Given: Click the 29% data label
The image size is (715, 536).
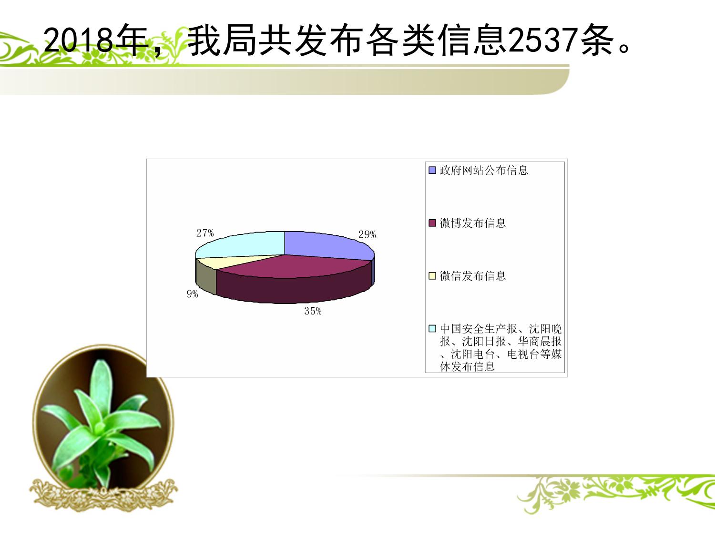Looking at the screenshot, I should coord(367,234).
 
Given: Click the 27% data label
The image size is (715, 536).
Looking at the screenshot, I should coord(205,233).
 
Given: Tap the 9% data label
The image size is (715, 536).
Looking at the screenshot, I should coord(192,294).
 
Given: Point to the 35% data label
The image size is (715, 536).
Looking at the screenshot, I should coord(313,311).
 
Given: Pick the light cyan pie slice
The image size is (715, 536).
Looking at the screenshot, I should coord(243,244).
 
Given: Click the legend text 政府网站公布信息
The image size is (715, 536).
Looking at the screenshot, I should coord(483,171).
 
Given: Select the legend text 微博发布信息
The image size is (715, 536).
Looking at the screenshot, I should coord(472,223).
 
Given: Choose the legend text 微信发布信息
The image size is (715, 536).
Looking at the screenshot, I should coord(472,276).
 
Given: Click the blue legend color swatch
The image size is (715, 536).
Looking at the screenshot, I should coord(432,171).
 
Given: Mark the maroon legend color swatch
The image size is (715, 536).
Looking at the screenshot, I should coord(432,223).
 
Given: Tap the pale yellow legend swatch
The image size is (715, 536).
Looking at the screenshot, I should coord(432,276).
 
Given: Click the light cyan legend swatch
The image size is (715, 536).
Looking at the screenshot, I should coord(432,329).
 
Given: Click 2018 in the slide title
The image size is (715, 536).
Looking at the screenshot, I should coord(79,40).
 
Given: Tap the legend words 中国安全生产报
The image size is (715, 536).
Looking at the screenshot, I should coord(478,329).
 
